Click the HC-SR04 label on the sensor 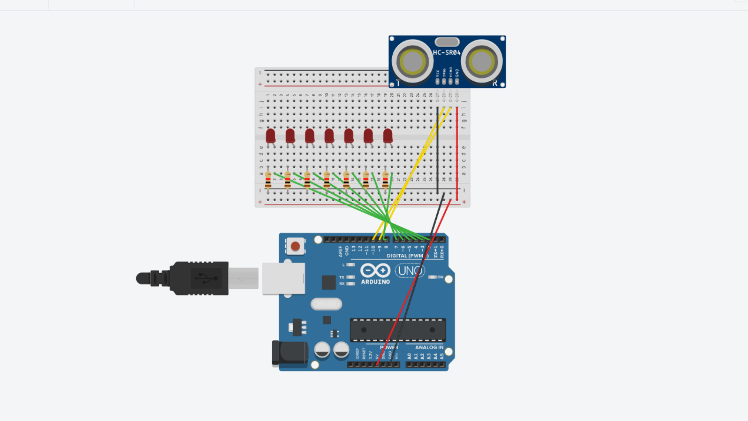pyautogui.click(x=446, y=53)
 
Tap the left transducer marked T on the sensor pyautogui.click(x=412, y=62)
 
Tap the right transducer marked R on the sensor pyautogui.click(x=482, y=62)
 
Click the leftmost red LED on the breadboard pyautogui.click(x=270, y=136)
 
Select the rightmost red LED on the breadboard pyautogui.click(x=388, y=136)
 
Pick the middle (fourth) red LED pyautogui.click(x=329, y=136)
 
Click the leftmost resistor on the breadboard pyautogui.click(x=268, y=180)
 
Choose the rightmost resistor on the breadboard pyautogui.click(x=385, y=180)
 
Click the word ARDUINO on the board pyautogui.click(x=375, y=282)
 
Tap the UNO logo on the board pyautogui.click(x=409, y=271)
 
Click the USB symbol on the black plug pyautogui.click(x=206, y=278)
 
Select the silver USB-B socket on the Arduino pyautogui.click(x=283, y=278)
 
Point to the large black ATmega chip pyautogui.click(x=397, y=330)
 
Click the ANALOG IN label pyautogui.click(x=429, y=347)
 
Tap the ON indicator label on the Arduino pyautogui.click(x=440, y=277)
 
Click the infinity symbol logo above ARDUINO pyautogui.click(x=375, y=270)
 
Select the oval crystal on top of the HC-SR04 pyautogui.click(x=447, y=42)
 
